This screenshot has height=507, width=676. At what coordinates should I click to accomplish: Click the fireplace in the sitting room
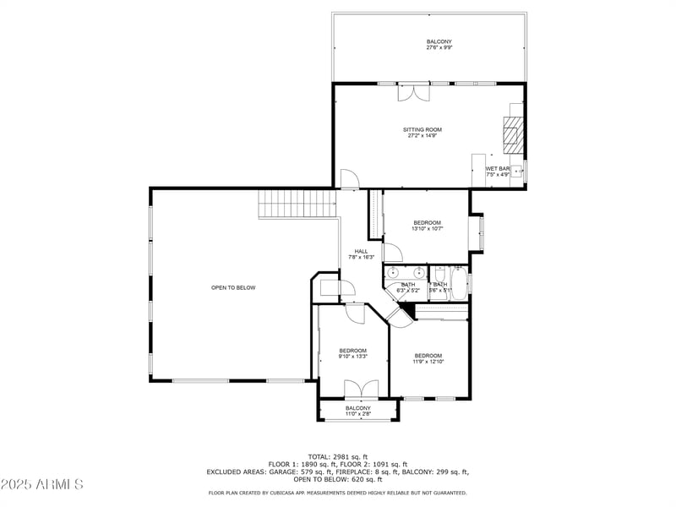pyautogui.click(x=512, y=133)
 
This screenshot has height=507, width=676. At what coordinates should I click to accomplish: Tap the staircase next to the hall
pyautogui.click(x=285, y=203)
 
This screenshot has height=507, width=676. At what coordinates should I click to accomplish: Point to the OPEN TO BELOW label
pyautogui.click(x=233, y=287)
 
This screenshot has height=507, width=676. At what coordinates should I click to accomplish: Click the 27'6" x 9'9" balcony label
pyautogui.click(x=439, y=45)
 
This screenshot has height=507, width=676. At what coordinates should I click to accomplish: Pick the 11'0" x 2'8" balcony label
pyautogui.click(x=357, y=411)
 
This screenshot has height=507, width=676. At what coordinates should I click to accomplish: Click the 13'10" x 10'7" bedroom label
pyautogui.click(x=427, y=226)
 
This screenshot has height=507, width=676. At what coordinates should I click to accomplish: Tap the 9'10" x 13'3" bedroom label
pyautogui.click(x=352, y=354)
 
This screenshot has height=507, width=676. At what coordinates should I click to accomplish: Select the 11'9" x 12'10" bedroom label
pyautogui.click(x=428, y=358)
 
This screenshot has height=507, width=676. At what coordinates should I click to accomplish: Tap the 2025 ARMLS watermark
pyautogui.click(x=42, y=484)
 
